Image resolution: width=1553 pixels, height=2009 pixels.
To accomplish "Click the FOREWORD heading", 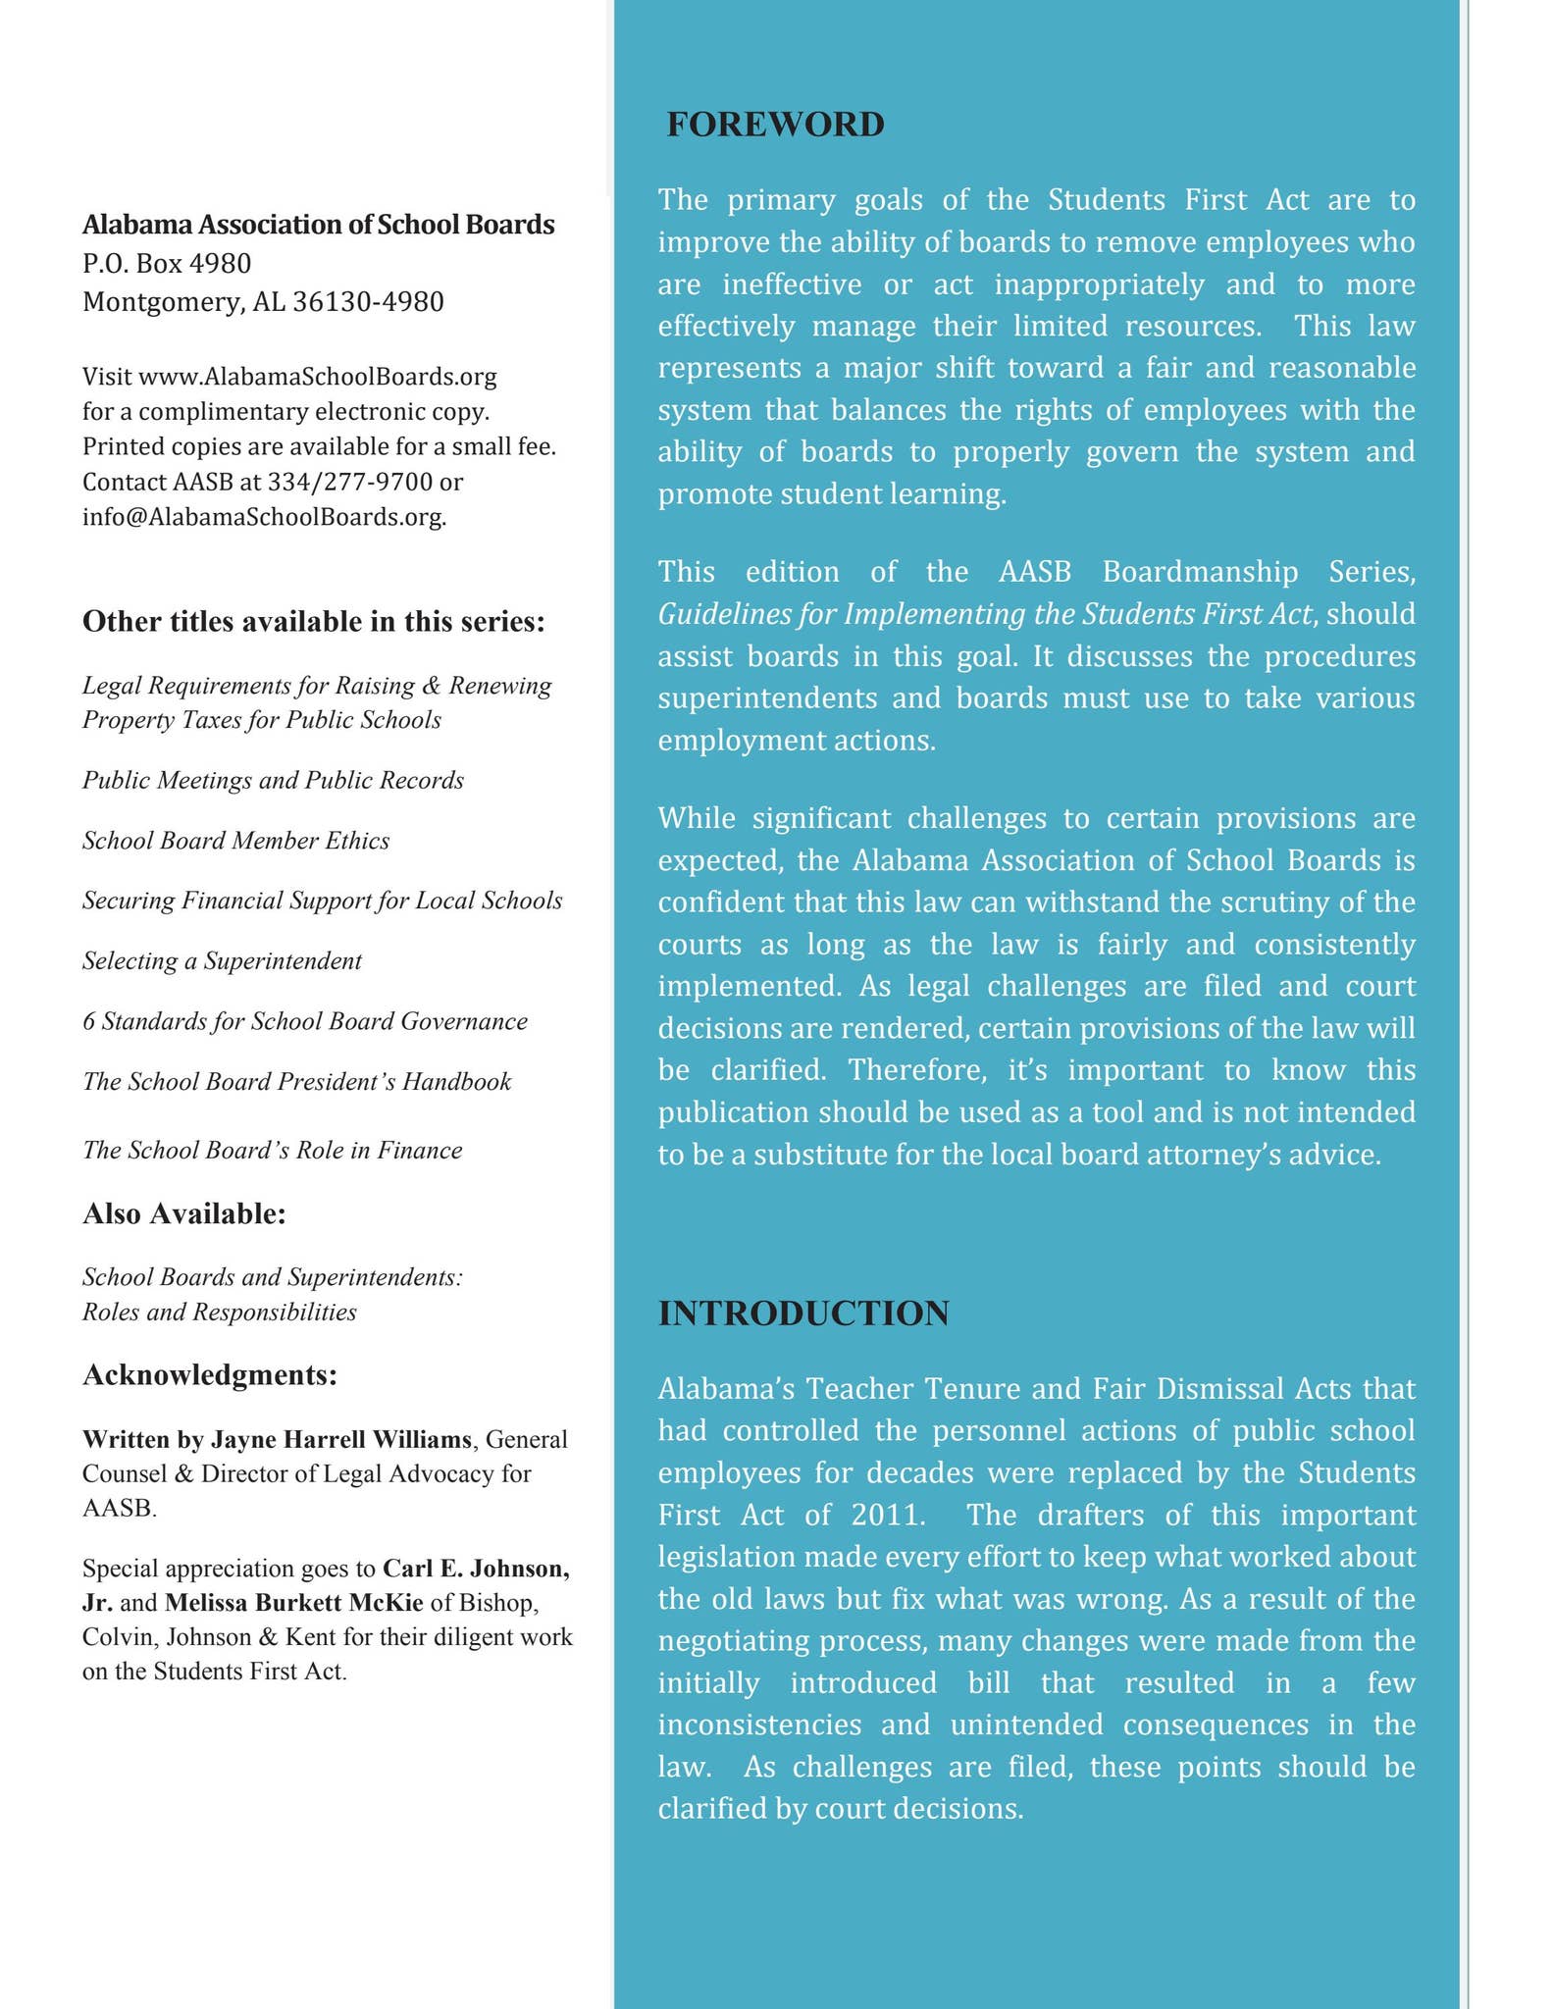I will point(775,125).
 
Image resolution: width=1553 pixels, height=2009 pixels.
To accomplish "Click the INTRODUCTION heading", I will point(803,1313).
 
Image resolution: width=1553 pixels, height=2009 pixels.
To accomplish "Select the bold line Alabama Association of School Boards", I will point(318,225).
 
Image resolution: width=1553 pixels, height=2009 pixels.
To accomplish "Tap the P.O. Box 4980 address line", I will point(167,263).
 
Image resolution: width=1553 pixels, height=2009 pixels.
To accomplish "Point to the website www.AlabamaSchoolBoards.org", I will point(318,376).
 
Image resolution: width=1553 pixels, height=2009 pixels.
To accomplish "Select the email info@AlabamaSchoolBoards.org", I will point(264,517).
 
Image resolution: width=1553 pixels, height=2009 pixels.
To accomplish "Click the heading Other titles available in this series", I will point(313,622).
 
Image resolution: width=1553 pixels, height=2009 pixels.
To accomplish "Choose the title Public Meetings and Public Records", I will point(273,780).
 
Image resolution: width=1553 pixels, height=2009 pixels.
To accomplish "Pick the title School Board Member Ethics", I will point(235,841).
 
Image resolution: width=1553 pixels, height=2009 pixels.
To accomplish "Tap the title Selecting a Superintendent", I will point(222,960).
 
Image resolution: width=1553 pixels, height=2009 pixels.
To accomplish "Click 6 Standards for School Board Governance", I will point(304,1021).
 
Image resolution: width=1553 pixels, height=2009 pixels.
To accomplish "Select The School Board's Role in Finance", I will point(272,1150).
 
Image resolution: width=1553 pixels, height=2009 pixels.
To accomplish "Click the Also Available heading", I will point(183,1213).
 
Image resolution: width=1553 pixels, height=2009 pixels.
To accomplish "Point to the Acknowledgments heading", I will point(210,1374).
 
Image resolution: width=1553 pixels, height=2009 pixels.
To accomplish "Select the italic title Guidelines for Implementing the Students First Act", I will point(985,613).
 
